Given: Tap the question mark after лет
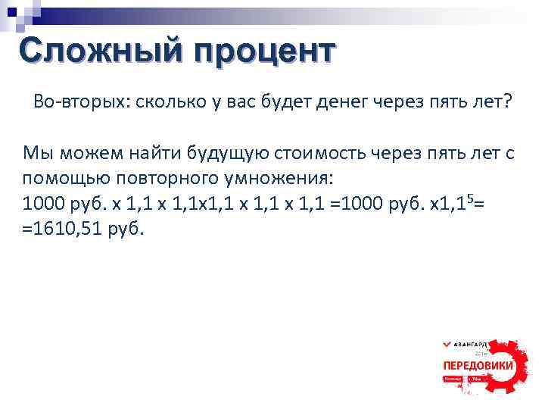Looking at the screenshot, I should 506,102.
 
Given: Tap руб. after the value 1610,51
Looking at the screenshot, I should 126,229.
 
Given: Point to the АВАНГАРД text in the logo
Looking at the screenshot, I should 475,344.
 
